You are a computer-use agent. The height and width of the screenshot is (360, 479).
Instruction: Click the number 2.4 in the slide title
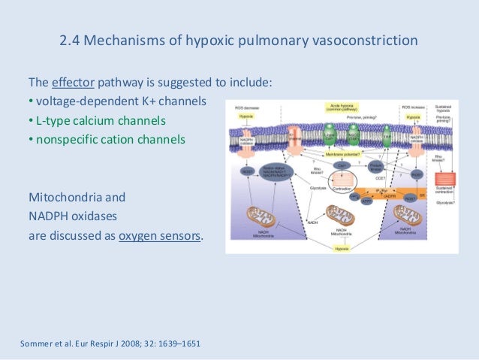click(71, 40)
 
